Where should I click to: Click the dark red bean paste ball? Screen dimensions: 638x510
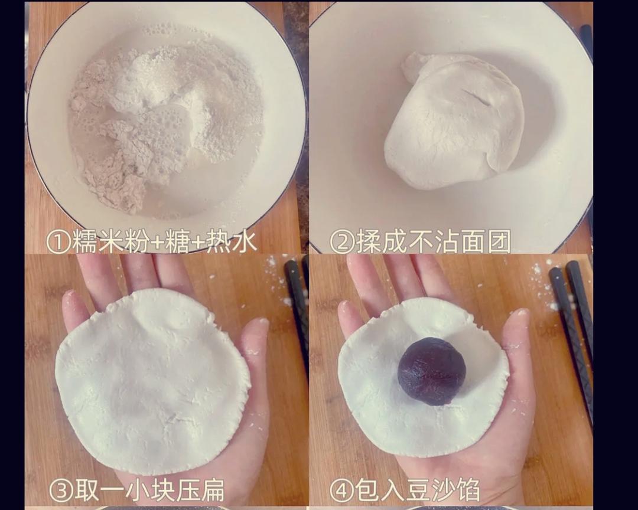(432, 371)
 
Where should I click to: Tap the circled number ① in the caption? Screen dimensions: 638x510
(58, 241)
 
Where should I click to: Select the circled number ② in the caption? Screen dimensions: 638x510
(342, 241)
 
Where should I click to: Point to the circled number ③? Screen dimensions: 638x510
(61, 490)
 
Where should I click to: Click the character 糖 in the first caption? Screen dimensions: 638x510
(178, 241)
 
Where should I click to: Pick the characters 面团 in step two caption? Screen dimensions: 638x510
(484, 241)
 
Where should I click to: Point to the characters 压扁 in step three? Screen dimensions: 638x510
(200, 490)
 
